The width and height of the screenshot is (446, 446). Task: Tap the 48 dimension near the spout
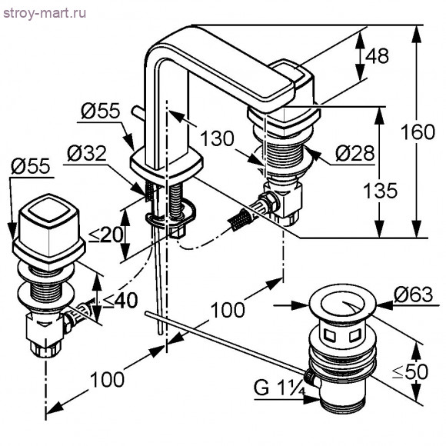pos(378,56)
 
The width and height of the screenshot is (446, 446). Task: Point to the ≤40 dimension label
pos(120,300)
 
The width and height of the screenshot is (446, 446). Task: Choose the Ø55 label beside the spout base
pos(98,111)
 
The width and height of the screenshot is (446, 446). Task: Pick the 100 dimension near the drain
pos(229,309)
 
